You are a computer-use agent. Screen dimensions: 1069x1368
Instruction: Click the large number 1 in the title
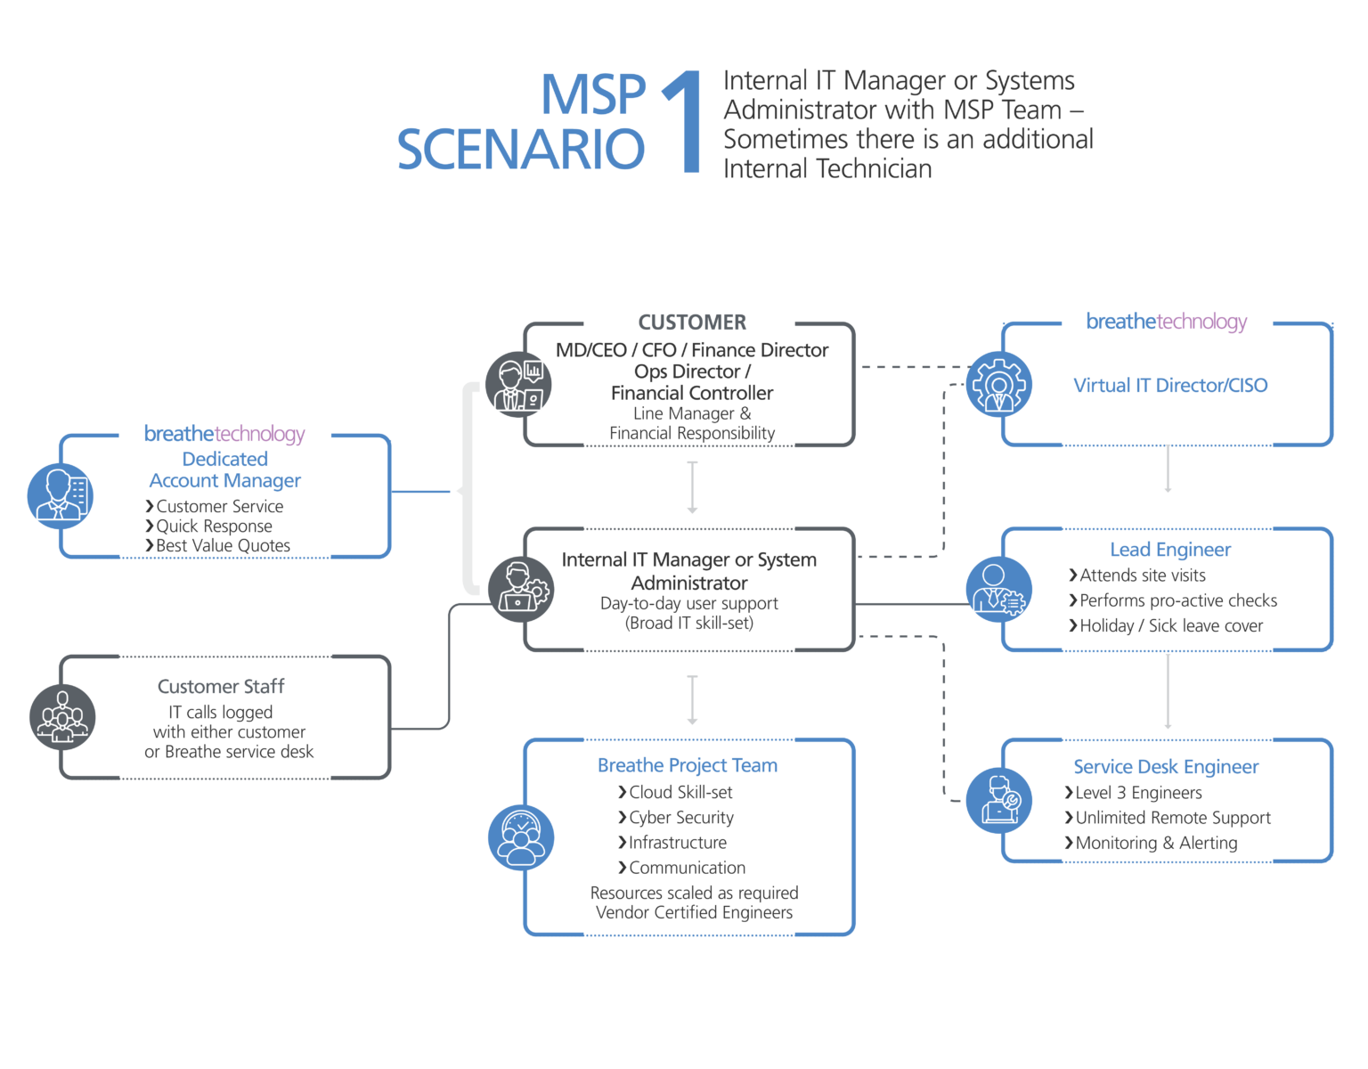tap(684, 122)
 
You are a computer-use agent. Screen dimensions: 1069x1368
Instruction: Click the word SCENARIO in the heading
tap(521, 149)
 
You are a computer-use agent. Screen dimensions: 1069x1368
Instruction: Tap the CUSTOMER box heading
tap(692, 322)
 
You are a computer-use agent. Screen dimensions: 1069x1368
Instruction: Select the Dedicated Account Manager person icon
tap(60, 495)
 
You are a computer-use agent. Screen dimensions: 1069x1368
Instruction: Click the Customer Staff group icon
tap(61, 716)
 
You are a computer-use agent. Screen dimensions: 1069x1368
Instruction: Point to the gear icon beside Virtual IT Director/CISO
tap(998, 385)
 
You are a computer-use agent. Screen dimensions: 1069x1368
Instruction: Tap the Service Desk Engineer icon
tap(998, 800)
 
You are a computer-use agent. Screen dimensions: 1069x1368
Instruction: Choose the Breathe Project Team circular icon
tap(521, 837)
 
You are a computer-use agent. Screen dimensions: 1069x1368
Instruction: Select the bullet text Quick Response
tap(214, 526)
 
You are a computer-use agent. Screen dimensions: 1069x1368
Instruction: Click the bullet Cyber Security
tap(681, 817)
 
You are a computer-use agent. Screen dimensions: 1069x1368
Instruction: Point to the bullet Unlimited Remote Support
tap(1173, 818)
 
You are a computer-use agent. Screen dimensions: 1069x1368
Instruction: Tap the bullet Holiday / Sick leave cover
tap(1170, 625)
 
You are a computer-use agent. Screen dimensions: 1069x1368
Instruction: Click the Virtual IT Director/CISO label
tap(1170, 386)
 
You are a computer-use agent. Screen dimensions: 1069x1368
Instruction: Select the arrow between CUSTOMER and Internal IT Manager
tap(692, 486)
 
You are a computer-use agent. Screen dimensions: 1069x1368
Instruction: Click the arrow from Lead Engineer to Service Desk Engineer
tap(1168, 691)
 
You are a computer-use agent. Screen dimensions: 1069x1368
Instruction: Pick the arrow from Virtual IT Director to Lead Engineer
tap(1168, 469)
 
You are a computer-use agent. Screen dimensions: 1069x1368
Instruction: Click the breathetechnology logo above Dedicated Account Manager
tap(224, 434)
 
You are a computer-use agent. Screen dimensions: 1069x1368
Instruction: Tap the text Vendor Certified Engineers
tap(693, 913)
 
